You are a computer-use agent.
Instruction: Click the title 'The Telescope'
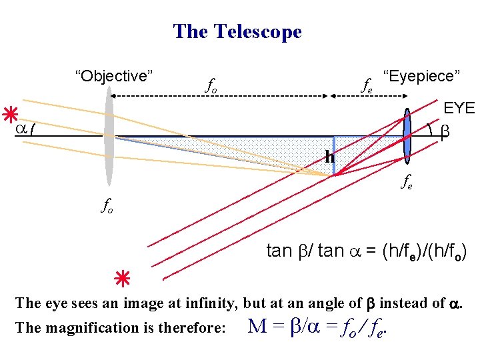click(x=237, y=31)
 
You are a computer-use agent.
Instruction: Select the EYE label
click(x=459, y=107)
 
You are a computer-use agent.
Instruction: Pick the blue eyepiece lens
click(x=407, y=136)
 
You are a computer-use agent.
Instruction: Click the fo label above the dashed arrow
click(x=211, y=85)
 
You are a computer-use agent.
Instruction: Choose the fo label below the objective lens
click(x=107, y=206)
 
